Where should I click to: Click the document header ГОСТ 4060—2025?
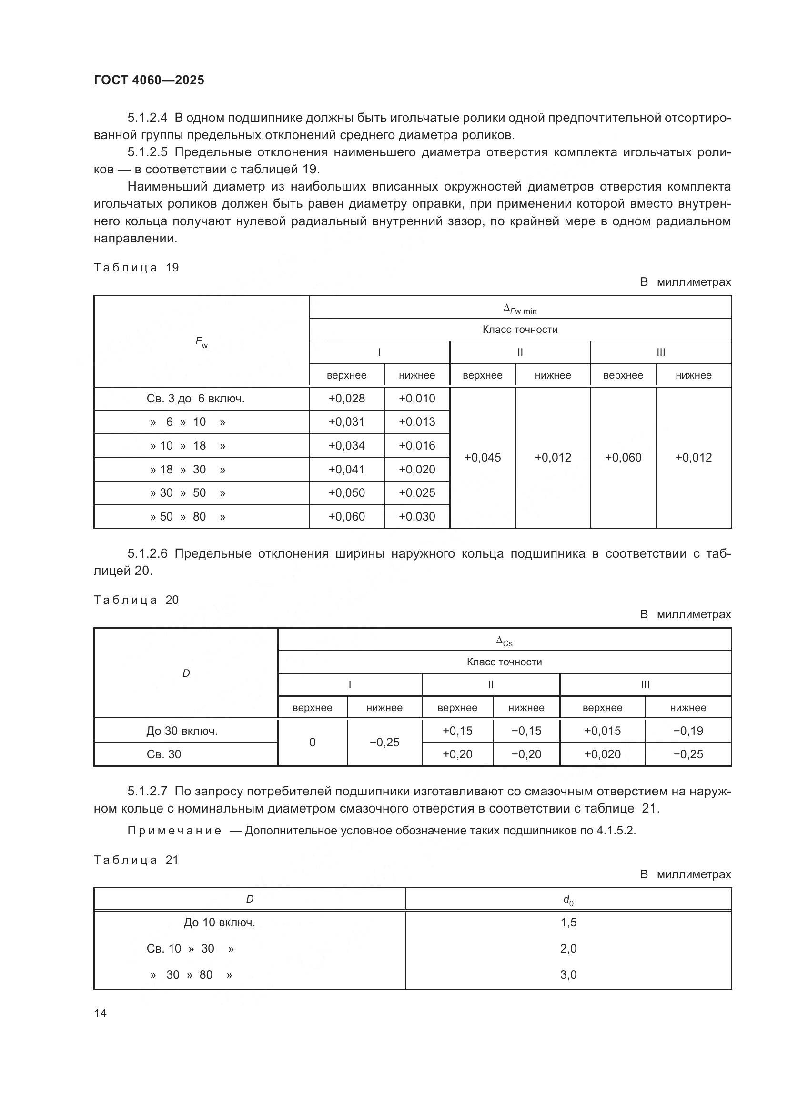coord(149,80)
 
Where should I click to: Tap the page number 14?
coord(101,1013)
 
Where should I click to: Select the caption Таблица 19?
coord(136,268)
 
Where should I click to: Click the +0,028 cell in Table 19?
coord(346,398)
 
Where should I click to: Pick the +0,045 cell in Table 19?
coord(482,458)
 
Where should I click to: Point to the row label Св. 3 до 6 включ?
coord(195,399)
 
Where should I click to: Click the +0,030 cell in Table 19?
coord(417,517)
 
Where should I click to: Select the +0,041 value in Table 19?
coord(346,470)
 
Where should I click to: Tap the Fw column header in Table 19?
coord(202,342)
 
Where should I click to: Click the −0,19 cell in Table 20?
coord(687,731)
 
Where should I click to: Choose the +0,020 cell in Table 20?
coord(602,754)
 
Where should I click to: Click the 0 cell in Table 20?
coord(312,743)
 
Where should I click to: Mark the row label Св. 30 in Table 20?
coord(164,754)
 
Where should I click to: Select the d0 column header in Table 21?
coord(568,901)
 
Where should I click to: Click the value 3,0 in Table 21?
coord(568,975)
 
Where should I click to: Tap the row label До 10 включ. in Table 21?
coord(219,923)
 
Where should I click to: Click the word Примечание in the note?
coord(175,831)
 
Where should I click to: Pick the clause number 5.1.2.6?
coord(147,553)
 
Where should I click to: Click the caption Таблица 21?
coord(136,860)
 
